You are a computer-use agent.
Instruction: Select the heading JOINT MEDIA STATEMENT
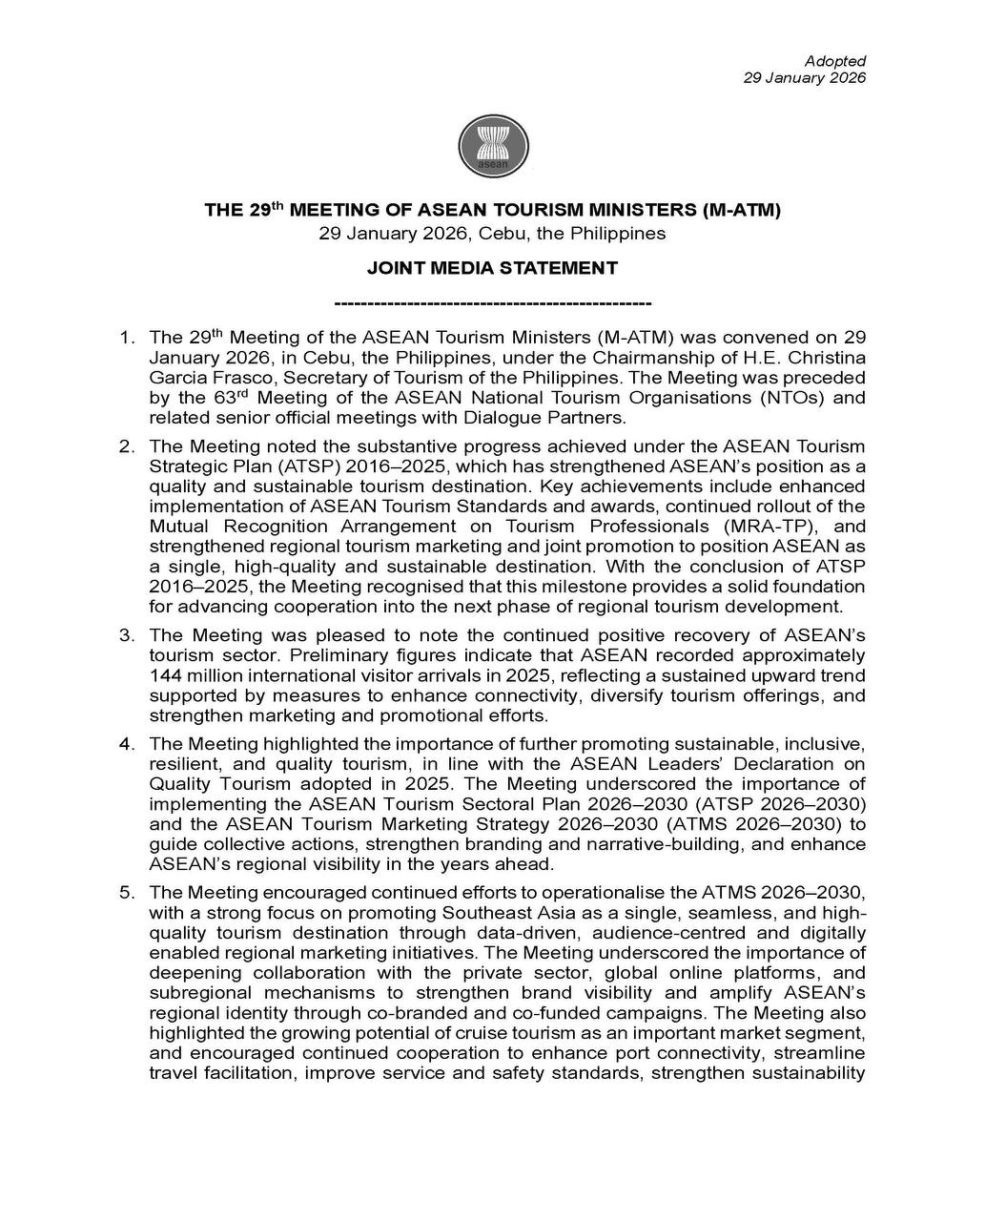pos(493,268)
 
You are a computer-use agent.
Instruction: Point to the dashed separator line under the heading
pos(493,303)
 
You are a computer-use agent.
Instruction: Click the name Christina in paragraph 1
pos(829,358)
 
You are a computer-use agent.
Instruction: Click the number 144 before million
pos(166,675)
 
